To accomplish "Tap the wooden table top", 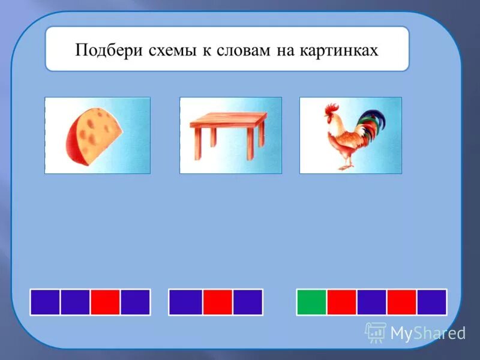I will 229,123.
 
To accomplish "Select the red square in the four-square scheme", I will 105,302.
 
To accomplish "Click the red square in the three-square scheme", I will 217,302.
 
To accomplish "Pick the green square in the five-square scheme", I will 311,302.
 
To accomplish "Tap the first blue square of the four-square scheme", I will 45,302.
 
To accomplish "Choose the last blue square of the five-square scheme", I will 432,302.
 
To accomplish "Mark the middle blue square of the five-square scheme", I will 371,302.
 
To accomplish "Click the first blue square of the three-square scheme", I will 185,302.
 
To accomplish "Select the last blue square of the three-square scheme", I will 248,302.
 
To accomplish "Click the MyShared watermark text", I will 428,332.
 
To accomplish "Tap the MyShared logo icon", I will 376,331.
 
